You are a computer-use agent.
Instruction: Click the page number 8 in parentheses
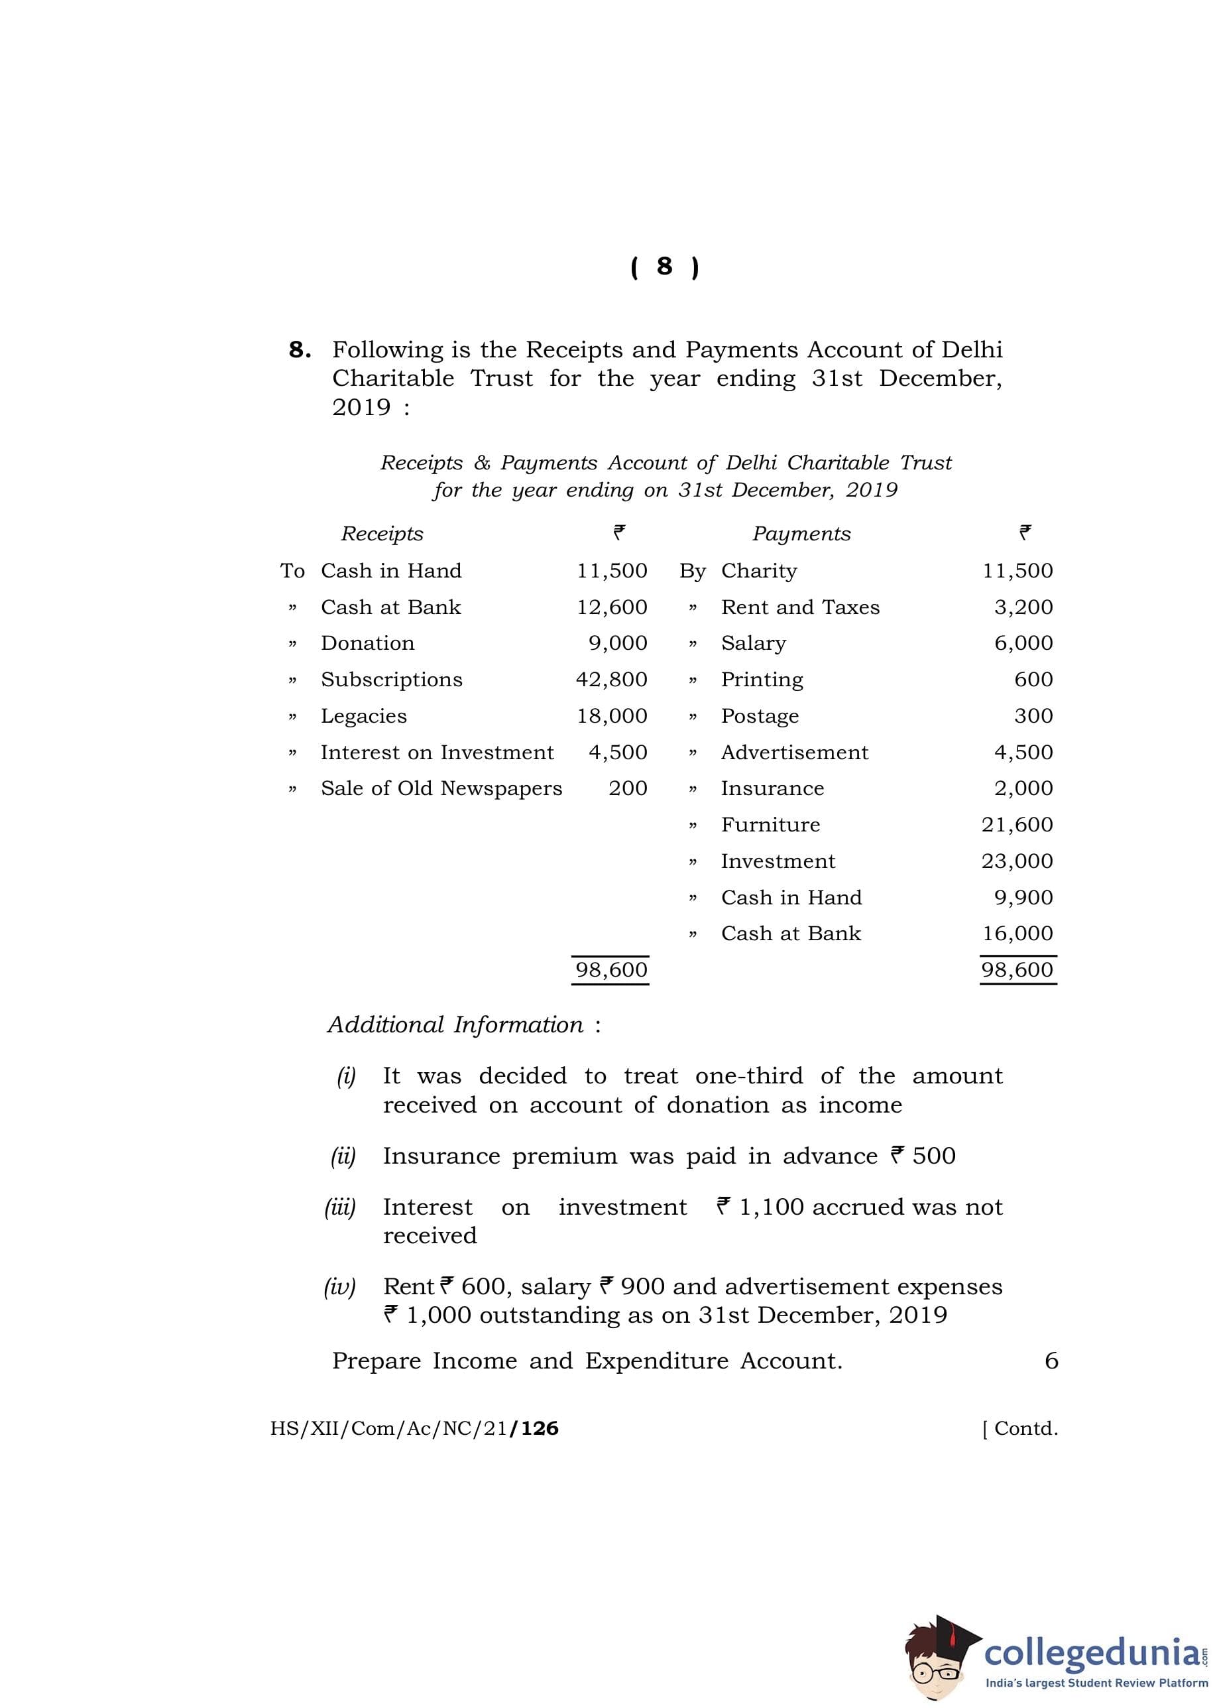665,267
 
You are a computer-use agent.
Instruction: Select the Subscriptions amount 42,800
612,680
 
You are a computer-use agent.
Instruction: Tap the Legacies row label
363,717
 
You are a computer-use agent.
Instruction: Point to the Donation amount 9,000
618,643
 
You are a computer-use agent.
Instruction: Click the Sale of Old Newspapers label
441,788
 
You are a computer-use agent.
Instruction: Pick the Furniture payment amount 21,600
1017,825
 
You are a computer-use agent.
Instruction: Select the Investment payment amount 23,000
1017,861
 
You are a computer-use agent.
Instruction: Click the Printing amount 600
1033,680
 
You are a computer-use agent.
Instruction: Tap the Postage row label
760,717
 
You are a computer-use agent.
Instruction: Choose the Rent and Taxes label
800,607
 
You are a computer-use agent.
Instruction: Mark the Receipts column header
382,534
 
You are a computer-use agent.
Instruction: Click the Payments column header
801,534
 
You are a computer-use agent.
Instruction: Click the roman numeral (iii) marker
340,1207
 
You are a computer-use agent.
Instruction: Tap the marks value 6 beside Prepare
1051,1361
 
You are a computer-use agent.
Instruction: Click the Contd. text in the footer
1020,1428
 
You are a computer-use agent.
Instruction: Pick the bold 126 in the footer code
540,1428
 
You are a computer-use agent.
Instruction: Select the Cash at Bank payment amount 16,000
1017,934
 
